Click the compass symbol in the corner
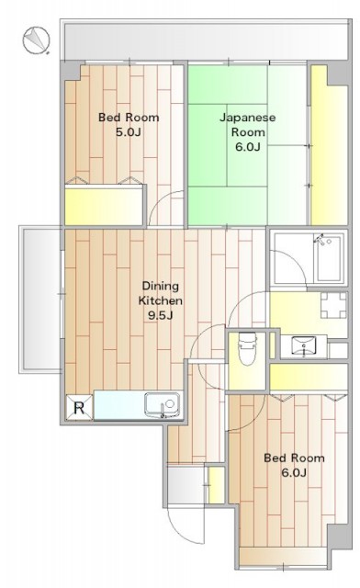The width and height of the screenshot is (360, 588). (36, 40)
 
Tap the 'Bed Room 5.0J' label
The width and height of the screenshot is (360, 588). (129, 125)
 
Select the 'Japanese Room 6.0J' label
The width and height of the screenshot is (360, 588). (248, 132)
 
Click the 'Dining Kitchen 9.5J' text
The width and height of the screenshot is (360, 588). (161, 300)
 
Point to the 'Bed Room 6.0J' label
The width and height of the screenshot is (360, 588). (294, 465)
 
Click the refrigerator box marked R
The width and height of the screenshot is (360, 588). (79, 407)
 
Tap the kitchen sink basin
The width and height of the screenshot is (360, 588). (163, 405)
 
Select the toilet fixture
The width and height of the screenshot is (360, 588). (248, 349)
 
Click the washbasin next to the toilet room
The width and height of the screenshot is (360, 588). (304, 345)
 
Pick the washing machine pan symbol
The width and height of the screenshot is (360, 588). (333, 305)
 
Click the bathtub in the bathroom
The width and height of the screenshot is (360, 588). (329, 259)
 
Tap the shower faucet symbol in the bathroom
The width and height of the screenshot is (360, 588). (321, 239)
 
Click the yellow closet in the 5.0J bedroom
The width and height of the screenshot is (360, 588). (104, 206)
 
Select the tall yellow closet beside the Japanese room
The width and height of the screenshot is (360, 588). (329, 145)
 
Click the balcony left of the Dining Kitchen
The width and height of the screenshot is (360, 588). (40, 300)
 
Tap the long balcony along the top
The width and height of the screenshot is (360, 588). (207, 40)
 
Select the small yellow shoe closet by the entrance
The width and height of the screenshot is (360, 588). (216, 485)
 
